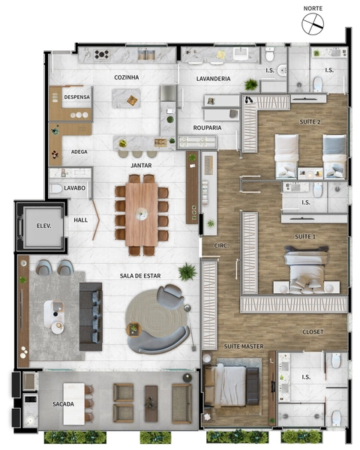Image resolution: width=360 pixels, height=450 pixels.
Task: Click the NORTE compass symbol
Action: coord(313,24)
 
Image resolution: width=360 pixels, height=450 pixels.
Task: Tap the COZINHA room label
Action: coord(126,77)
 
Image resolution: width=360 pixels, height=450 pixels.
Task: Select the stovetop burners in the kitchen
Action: coord(102,54)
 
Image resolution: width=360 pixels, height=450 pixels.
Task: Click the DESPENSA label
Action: coord(77,97)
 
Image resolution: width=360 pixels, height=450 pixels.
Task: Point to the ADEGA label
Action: coord(79,151)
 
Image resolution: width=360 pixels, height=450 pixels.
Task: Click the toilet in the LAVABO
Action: coord(56,188)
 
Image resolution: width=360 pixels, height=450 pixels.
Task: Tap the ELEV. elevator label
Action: coord(43,226)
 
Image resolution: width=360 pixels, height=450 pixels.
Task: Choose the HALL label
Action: coord(81,220)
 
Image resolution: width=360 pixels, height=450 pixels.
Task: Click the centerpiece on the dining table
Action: coord(142,214)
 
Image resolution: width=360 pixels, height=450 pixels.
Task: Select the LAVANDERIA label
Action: coord(213,79)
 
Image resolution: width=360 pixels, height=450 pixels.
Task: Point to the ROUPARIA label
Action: coord(207,127)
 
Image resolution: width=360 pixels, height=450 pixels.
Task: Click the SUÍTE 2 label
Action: coord(310,121)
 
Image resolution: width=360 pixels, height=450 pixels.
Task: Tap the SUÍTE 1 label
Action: coord(305,236)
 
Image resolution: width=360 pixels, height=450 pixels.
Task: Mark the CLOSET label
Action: coord(313,331)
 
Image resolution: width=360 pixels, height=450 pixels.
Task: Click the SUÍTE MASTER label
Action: coord(244,346)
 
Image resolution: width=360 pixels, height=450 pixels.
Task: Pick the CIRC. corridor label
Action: coord(222,246)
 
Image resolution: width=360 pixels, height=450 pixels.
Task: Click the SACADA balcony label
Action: coord(63,404)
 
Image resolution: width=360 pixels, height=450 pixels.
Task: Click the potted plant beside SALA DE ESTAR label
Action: coord(187,271)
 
